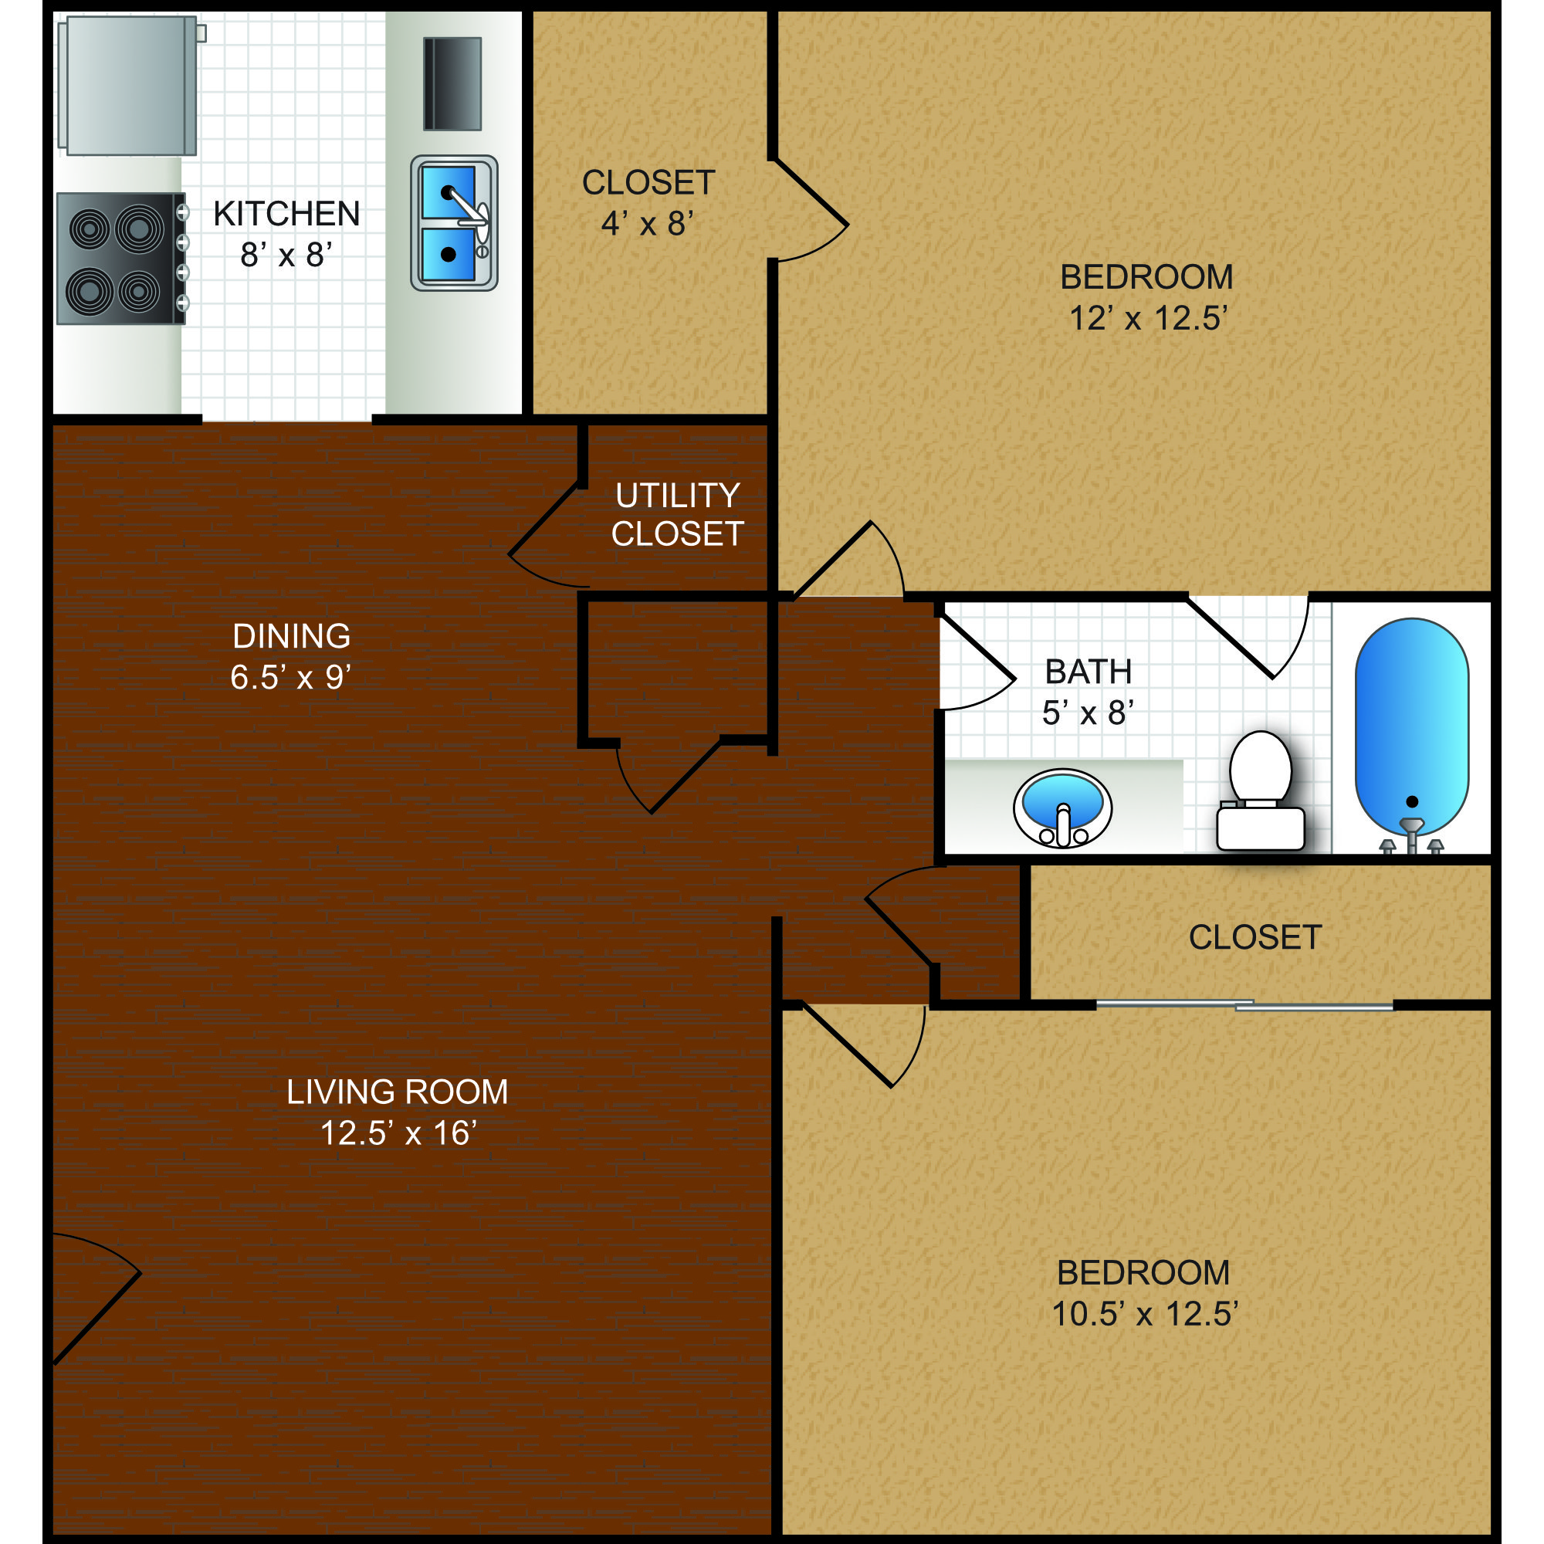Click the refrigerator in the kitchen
[128, 86]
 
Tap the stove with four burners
[120, 258]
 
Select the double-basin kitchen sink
[454, 223]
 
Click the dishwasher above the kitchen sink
[452, 84]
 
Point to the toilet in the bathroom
[1261, 791]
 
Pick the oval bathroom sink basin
[1062, 808]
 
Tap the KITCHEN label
[286, 214]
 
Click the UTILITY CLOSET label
[678, 515]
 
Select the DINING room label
[292, 636]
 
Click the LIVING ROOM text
[397, 1092]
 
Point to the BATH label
[1089, 672]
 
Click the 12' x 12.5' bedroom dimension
[1148, 318]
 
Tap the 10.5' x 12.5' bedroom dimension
[1144, 1314]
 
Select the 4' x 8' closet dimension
[648, 224]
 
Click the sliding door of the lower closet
[1244, 1004]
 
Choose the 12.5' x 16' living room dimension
[398, 1133]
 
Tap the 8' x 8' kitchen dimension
[286, 255]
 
